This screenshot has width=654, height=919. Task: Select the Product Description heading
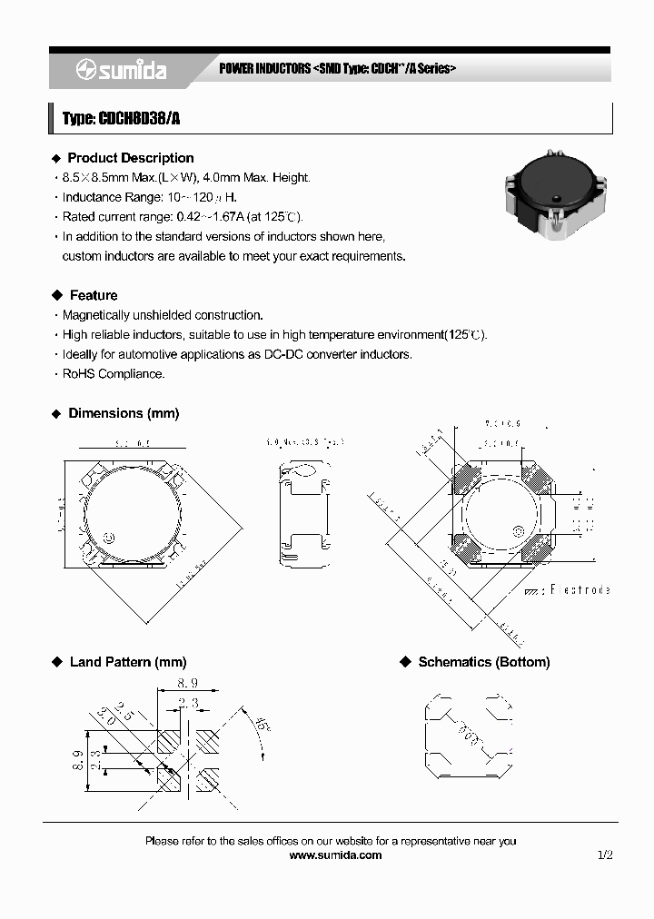coord(131,158)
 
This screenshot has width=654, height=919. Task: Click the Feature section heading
coord(94,295)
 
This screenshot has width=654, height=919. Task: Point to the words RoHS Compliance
coord(114,373)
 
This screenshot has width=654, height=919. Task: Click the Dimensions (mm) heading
coord(124,413)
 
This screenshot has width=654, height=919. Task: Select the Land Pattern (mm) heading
coord(127,662)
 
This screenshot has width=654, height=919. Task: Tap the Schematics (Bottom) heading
coord(483,662)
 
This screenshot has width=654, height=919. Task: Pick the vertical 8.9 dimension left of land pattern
coord(77,759)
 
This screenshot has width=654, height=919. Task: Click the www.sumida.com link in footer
coord(335,855)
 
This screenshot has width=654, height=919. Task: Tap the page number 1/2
coord(606,855)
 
